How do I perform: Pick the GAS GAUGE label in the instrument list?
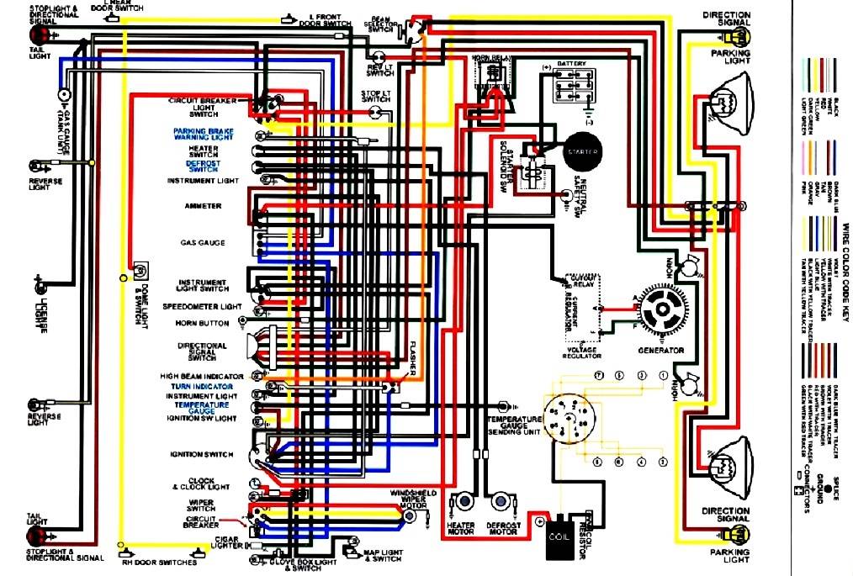point(203,243)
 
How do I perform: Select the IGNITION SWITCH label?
point(202,455)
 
